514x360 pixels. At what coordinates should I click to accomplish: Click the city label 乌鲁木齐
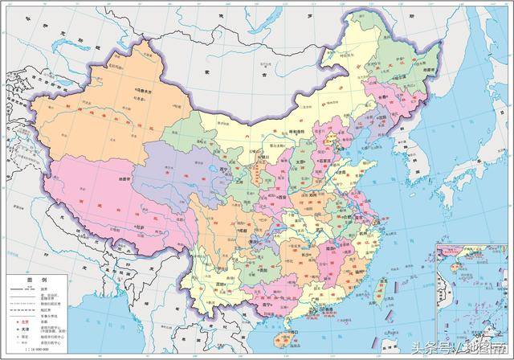coord(145,92)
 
